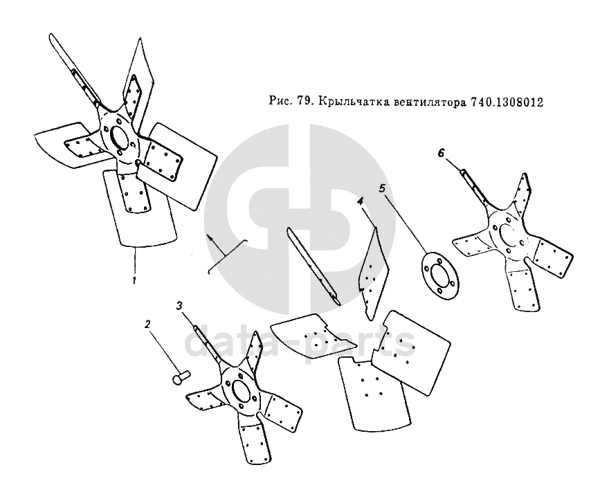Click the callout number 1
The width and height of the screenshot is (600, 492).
134,280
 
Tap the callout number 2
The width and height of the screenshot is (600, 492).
147,324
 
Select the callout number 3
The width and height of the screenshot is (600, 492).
179,306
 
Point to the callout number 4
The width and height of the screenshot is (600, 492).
360,201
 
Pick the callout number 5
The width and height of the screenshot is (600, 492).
382,188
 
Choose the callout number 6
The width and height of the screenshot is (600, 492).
442,153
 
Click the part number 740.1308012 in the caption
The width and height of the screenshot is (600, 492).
507,102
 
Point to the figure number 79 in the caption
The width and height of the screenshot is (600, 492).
303,102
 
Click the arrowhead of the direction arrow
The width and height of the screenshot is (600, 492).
210,237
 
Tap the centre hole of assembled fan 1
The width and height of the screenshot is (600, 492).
120,136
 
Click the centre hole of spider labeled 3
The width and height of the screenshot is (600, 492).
240,392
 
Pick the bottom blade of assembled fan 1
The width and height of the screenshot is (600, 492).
140,208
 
